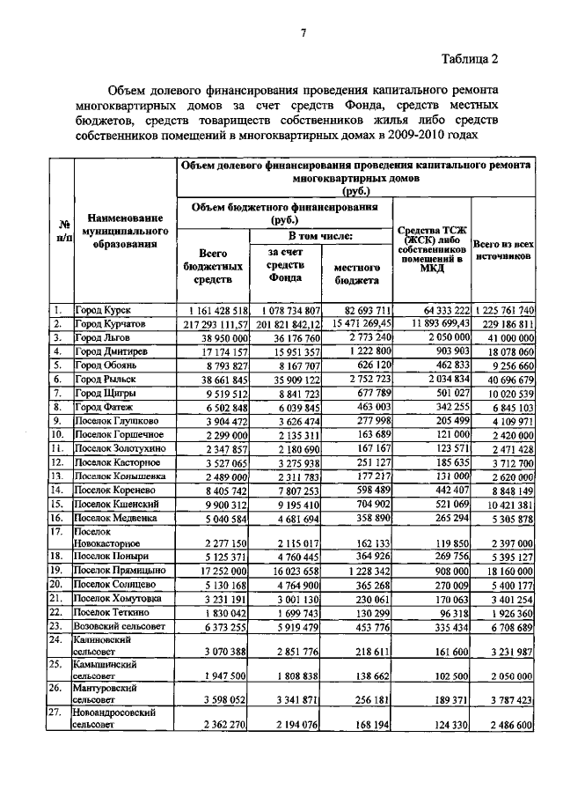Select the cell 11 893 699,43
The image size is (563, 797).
[432, 324]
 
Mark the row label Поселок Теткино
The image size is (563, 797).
[112, 612]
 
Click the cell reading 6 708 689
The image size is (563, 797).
[507, 626]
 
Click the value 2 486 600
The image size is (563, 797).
[507, 724]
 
